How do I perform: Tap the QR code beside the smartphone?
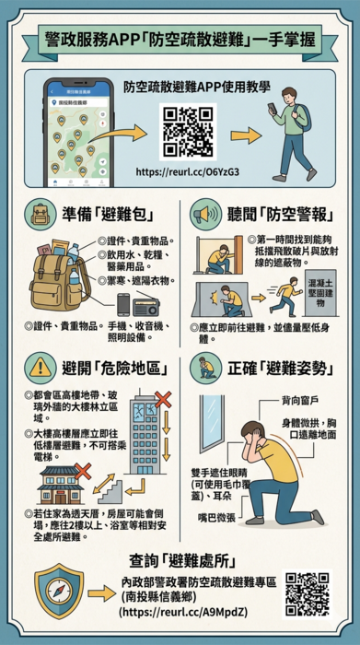point(188,132)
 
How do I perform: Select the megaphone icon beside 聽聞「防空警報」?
point(204,215)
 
